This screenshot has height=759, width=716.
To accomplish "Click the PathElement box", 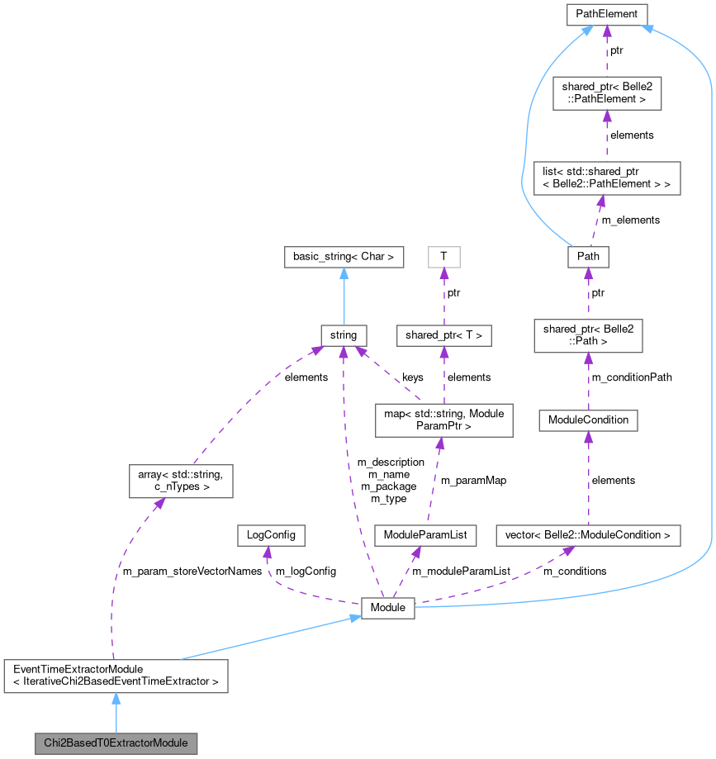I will click(x=606, y=13).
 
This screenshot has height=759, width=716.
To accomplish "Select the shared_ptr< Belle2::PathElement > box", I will click(x=606, y=92).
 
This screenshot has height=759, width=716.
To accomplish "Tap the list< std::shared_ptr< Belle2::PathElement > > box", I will click(x=606, y=178).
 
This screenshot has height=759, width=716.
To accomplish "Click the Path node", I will click(x=588, y=257).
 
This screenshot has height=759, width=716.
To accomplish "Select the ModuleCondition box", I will click(x=588, y=420).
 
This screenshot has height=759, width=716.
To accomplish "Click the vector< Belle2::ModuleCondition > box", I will click(x=587, y=535).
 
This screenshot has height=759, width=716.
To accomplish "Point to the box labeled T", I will click(x=443, y=257).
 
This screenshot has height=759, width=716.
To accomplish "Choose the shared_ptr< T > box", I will click(x=443, y=335).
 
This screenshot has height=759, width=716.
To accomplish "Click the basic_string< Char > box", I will click(x=344, y=257).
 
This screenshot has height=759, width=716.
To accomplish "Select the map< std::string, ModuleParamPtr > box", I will click(x=443, y=420).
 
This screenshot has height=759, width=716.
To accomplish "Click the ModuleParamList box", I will click(x=425, y=535).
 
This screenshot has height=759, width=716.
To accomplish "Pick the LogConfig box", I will click(x=270, y=535).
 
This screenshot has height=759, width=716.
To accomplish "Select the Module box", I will click(x=388, y=607).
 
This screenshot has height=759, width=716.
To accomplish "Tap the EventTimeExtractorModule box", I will click(x=116, y=675).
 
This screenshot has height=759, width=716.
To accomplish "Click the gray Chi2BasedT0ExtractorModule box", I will click(x=116, y=742).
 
